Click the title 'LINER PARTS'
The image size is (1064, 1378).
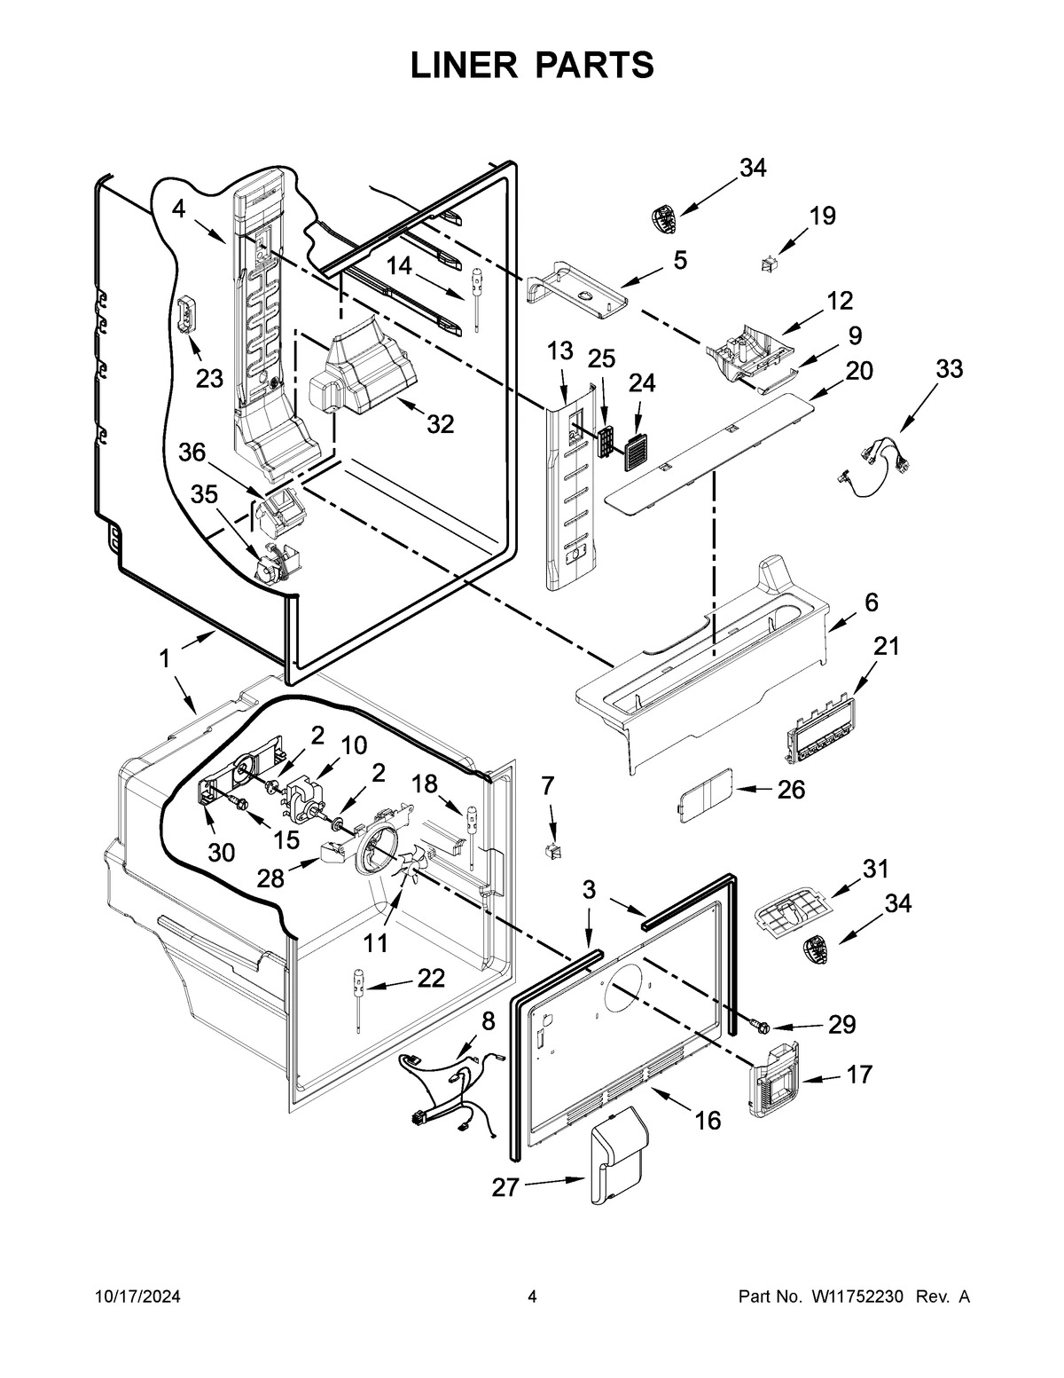pos(532,66)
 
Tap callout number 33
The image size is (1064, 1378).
pos(949,369)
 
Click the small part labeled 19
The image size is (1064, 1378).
pos(769,264)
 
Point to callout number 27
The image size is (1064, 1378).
pos(505,1187)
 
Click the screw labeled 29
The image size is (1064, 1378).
pos(760,1026)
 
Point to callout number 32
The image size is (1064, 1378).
pos(441,424)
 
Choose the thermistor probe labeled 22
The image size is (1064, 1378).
pos(357,997)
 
